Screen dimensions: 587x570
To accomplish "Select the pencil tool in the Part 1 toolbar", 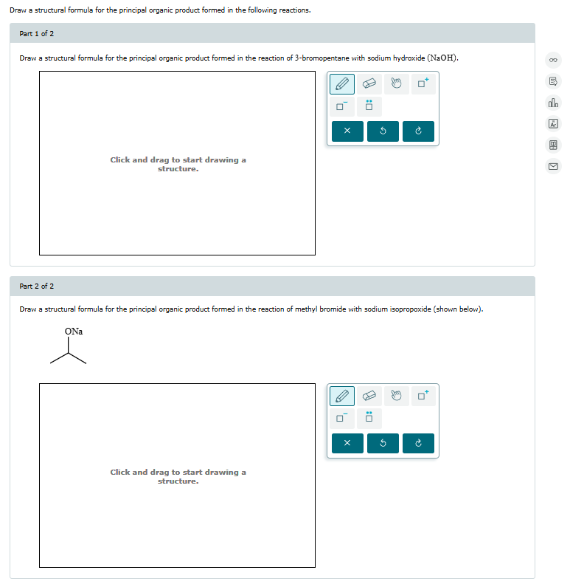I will (x=341, y=83).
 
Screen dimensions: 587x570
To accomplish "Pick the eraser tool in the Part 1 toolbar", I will (x=369, y=83).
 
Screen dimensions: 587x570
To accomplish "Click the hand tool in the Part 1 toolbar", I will (x=395, y=83).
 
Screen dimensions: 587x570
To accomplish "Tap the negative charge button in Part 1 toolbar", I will (x=341, y=106).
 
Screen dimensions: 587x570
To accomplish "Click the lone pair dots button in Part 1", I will (x=369, y=106).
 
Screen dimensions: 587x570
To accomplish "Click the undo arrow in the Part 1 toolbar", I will (x=383, y=132).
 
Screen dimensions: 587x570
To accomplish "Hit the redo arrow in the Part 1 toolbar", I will (x=418, y=132).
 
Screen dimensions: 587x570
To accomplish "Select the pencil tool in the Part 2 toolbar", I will (x=341, y=396).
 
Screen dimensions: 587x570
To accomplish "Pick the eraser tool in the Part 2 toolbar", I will (x=369, y=396).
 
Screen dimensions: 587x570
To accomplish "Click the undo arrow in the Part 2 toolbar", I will (x=383, y=444).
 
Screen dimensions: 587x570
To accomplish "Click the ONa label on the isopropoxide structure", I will (x=74, y=332).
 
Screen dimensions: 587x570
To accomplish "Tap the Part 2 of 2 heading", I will (x=36, y=286).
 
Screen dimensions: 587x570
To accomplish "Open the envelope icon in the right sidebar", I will (x=553, y=166).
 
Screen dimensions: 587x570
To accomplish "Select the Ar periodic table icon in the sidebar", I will (x=553, y=124).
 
